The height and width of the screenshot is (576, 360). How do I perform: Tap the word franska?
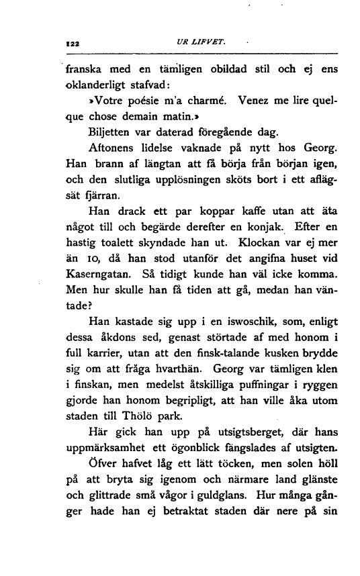pos(87,69)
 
